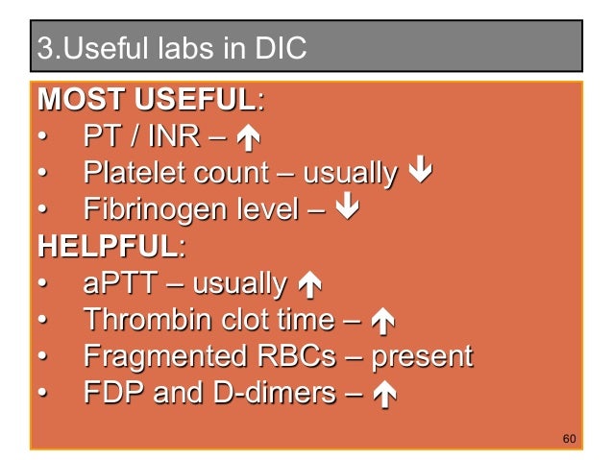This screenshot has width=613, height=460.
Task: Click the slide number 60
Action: pyautogui.click(x=568, y=439)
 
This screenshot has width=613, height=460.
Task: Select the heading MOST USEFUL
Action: pyautogui.click(x=147, y=99)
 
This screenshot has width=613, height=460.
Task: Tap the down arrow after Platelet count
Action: pyautogui.click(x=419, y=174)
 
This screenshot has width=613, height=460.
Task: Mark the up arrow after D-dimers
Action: pyautogui.click(x=388, y=395)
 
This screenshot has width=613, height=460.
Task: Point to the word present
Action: pyautogui.click(x=422, y=357)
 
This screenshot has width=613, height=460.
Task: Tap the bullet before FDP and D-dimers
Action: pyautogui.click(x=42, y=394)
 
